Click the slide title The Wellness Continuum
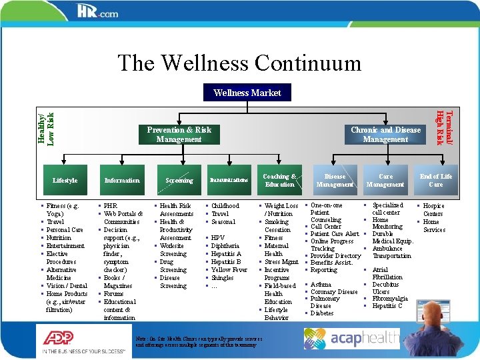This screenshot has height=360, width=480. [x=239, y=63]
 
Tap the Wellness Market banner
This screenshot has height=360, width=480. [x=247, y=93]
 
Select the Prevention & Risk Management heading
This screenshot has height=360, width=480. [x=179, y=135]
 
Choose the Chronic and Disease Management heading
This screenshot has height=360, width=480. [x=385, y=135]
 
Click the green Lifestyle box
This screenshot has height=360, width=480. [x=65, y=180]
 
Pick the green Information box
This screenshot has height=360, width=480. [x=122, y=180]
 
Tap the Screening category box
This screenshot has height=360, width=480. [x=179, y=180]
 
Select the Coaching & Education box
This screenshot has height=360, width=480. [x=279, y=180]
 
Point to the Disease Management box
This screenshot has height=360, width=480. [x=335, y=180]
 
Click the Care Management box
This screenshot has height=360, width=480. [x=385, y=180]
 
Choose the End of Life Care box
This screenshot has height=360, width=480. [x=435, y=180]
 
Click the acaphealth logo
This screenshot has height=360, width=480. [x=352, y=339]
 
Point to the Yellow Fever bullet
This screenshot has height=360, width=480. [x=229, y=270]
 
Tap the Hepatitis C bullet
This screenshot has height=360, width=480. [x=387, y=306]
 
